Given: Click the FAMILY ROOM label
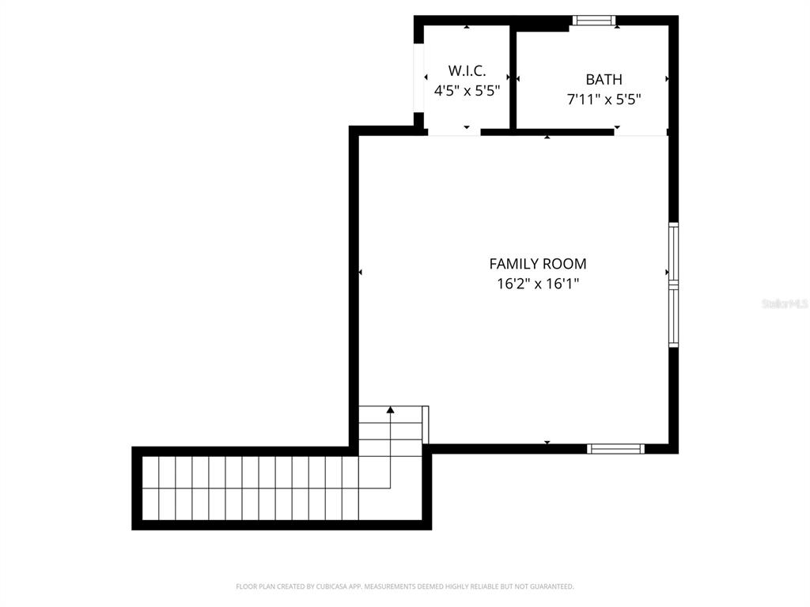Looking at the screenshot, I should coord(538,264).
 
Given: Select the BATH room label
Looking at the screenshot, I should coord(604,79).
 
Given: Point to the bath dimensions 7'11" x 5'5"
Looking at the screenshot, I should coord(604,100).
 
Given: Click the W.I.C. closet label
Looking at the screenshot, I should coord(467,70).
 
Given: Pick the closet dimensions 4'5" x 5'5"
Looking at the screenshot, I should coord(467,91).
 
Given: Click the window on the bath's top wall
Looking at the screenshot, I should coord(594,21).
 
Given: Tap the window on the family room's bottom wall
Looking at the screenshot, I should coord(615,449).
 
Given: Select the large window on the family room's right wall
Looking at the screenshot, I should coord(673,285).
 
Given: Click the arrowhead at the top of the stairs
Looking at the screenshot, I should coord(390,409).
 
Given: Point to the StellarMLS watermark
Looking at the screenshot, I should coord(785,303).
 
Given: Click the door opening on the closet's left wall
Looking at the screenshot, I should coord(419,76).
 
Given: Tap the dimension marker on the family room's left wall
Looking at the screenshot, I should coord(361,272).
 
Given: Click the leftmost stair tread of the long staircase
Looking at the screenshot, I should coord(151,488).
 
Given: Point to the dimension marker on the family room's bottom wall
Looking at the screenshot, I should coord(547,442).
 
